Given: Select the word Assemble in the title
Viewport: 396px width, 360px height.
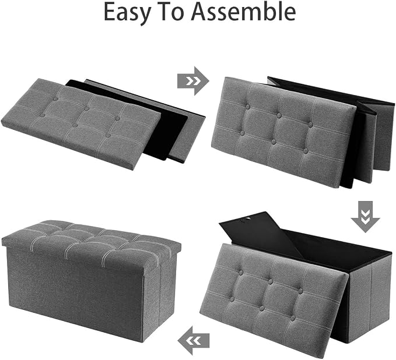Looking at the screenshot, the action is pos(243,12).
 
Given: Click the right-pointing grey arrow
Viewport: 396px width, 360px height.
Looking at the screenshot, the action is pos(193,81).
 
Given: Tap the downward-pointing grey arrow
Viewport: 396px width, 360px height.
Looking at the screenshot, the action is pos(365,217).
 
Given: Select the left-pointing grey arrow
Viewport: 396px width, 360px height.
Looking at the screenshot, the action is pos(194,341).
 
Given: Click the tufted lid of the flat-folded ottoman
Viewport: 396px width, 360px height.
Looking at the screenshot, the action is pos(81,123).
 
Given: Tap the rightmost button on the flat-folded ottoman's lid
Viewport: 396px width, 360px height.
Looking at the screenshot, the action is pos(117,118).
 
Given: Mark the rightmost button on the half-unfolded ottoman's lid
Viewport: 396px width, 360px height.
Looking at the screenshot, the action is pos(311,125).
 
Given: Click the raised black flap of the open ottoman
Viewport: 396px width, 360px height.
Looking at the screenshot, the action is pos(260,234).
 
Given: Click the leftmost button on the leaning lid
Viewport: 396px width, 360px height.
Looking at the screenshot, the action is pos(232,299).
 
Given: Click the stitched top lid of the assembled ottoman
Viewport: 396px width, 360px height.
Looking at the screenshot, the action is pos(91,242).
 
